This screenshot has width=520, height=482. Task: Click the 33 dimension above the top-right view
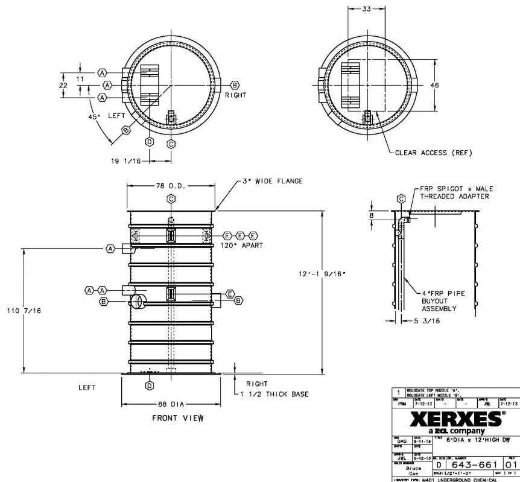[366, 9]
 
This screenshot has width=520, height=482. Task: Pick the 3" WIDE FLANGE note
[273, 180]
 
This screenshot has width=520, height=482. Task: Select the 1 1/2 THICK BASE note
[277, 394]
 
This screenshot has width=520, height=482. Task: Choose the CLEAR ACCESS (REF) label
[433, 153]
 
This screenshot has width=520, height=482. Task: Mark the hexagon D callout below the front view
[148, 384]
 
